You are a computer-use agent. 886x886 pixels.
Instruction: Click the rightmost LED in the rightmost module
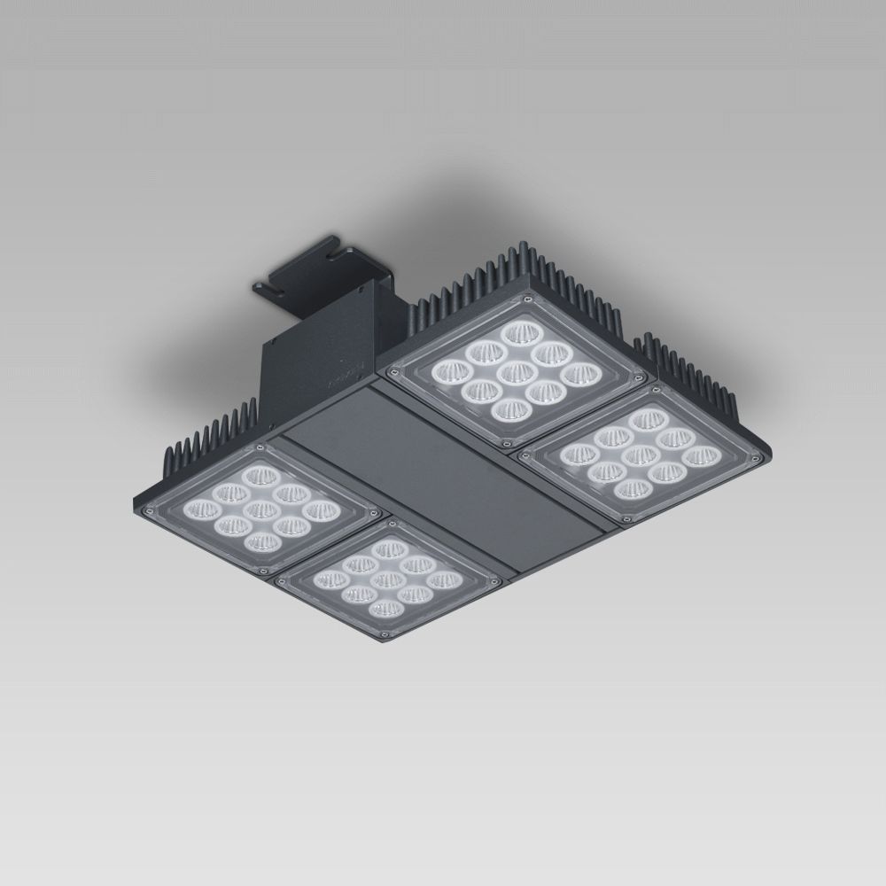point(701,456)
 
